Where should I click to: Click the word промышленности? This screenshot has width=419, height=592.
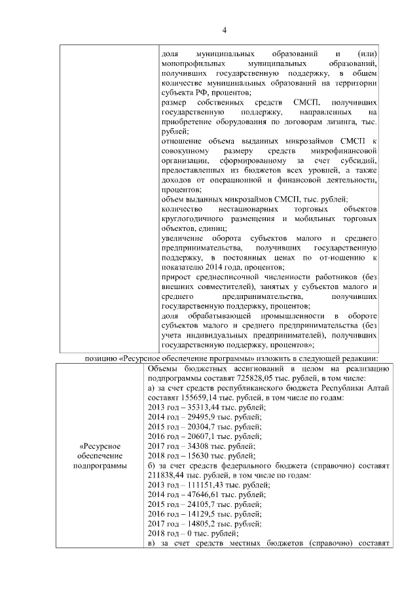click(x=280, y=316)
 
